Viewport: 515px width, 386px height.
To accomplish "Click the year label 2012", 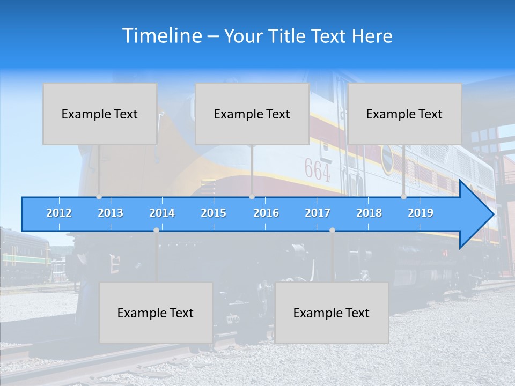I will (59, 213).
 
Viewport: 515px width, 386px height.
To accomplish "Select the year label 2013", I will (111, 213).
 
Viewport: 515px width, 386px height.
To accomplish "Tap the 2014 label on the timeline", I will (162, 213).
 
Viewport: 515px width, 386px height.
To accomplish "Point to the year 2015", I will (214, 213).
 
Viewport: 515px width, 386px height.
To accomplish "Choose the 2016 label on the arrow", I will (266, 213).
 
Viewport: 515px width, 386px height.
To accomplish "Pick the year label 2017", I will (318, 213).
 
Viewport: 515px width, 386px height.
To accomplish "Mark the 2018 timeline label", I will (369, 213).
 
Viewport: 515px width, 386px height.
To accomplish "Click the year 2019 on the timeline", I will (421, 213).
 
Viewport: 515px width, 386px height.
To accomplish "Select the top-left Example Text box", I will (100, 114).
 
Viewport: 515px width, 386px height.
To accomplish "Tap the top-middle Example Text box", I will (252, 114).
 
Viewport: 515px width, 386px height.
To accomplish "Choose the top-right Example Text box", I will (404, 114).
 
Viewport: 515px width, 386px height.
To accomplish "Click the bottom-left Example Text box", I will (156, 313).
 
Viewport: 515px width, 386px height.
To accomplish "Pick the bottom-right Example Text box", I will (332, 313).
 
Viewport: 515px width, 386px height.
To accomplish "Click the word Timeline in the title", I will (161, 35).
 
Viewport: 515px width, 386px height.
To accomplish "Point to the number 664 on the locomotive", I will (318, 169).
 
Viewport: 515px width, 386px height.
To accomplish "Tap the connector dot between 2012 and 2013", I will (99, 197).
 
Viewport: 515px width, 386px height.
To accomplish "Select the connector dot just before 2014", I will (156, 230).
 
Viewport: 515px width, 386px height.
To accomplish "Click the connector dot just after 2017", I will (332, 230).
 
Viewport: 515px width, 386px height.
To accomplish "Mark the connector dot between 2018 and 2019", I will (403, 197).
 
